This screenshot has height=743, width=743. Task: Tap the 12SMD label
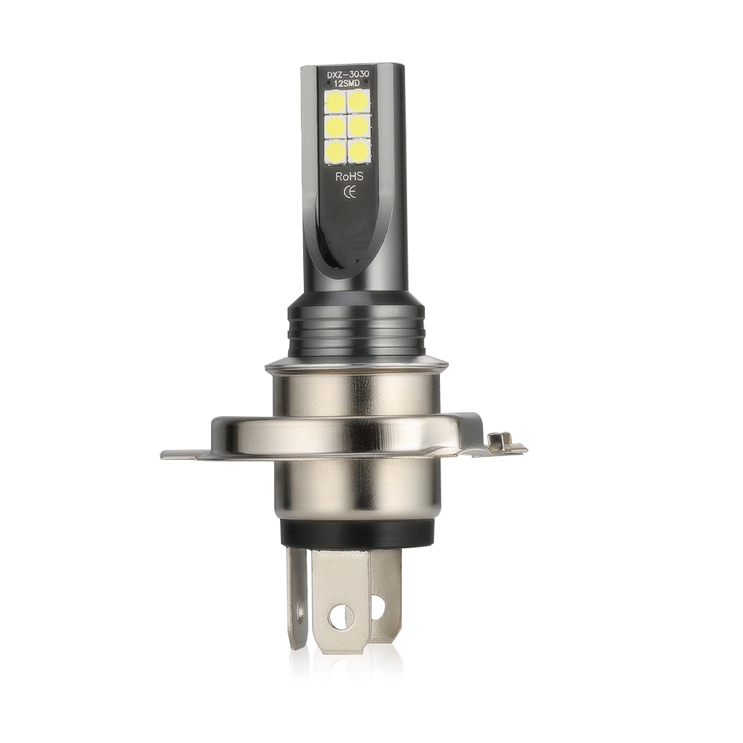(x=350, y=83)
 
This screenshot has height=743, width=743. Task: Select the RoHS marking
(x=350, y=177)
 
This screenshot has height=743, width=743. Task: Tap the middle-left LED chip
(x=336, y=126)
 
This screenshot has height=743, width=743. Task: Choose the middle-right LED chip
(x=359, y=126)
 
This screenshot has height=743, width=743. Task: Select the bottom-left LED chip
(x=336, y=151)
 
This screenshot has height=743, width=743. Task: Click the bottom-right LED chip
(x=359, y=151)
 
